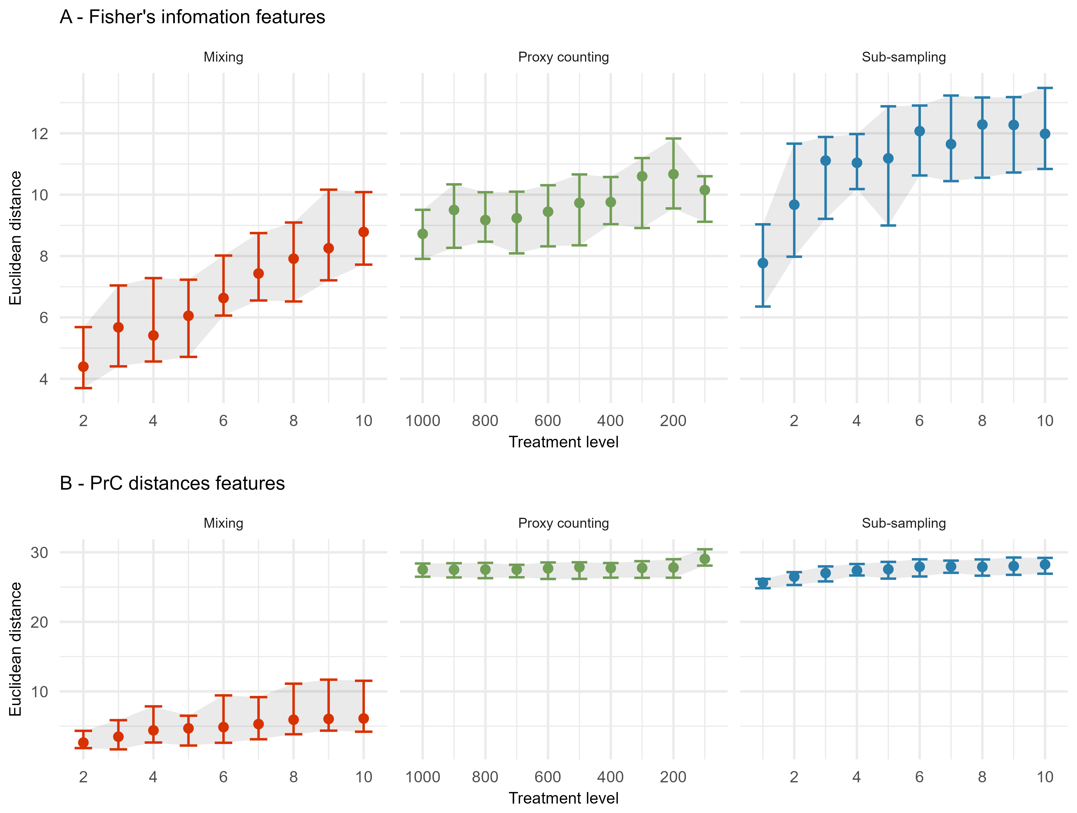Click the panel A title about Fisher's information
pos(192,17)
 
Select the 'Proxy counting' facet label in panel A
pos(563,57)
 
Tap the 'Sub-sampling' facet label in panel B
pos(904,523)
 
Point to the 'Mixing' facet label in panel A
pos(223,57)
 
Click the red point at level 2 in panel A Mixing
pos(83,366)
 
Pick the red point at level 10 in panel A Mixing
pos(364,232)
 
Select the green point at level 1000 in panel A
pos(423,234)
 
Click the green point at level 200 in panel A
pos(673,174)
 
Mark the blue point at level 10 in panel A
pos(1045,134)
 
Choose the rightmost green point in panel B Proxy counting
pos(705,559)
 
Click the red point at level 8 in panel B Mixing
pos(294,720)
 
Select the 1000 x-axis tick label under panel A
pos(423,421)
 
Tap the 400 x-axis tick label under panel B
pos(610,777)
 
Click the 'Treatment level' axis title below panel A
pos(563,442)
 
